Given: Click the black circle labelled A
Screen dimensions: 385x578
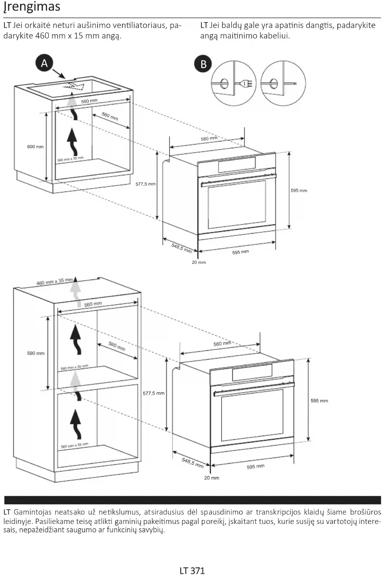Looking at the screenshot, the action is pos(44,63).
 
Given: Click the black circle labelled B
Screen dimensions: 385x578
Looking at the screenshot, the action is pos(203,64).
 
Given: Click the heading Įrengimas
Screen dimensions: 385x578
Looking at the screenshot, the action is pos(32,7).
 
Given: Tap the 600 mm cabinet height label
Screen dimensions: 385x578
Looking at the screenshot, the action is pos(35,147).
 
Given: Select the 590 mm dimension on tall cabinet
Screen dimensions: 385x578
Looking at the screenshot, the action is pos(36,353).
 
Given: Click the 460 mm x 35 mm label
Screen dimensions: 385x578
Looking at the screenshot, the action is pos(55,281).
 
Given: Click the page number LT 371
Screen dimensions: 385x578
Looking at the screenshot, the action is pos(192,570).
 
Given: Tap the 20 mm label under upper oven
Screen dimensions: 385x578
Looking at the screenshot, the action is pos(199,262).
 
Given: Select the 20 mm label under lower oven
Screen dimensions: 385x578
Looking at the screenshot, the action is pos(212,478).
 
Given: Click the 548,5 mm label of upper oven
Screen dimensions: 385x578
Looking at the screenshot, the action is pos(182,248).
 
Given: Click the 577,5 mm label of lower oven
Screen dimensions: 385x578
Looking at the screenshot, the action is pos(153,393).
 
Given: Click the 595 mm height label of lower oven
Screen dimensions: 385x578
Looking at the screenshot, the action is pos(319,401).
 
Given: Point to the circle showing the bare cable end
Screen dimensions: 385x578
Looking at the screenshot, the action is pos(283,83).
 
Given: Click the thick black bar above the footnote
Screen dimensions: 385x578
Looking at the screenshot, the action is pos(192,500).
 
